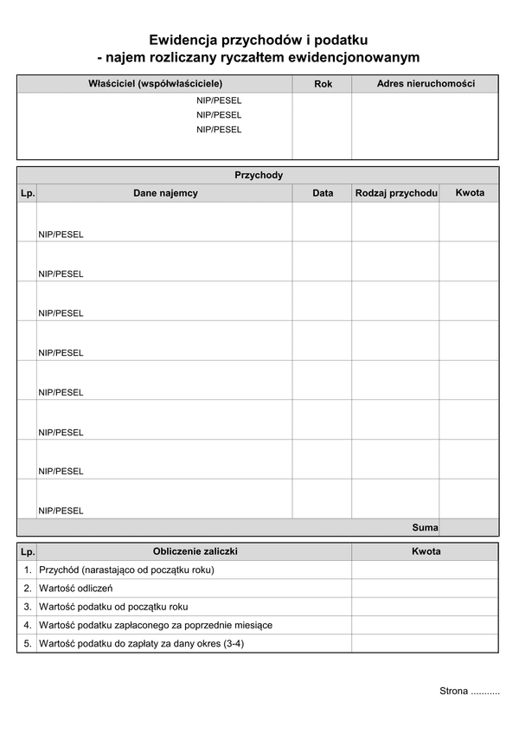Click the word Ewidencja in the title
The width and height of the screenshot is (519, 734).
pos(183,40)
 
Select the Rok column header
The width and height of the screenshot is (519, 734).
pos(323,84)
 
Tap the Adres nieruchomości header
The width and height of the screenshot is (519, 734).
pos(426,84)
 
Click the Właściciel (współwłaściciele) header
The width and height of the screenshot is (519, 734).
pos(155,84)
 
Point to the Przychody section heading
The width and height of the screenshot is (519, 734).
pos(259,175)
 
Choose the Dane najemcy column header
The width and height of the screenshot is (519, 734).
pos(165,193)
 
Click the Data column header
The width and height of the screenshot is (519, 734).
pos(323,193)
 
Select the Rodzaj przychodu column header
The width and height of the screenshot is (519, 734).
pos(395,193)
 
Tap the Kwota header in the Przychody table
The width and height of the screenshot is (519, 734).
pos(470,192)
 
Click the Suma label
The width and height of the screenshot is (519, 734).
pos(425,527)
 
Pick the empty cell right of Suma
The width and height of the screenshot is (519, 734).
pos(469,527)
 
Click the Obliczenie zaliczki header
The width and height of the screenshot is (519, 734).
pos(195,551)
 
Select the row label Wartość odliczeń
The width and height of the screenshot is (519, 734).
pos(75,589)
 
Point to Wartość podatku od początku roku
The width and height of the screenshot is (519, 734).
pos(113,607)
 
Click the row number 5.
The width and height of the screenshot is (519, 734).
pos(28,643)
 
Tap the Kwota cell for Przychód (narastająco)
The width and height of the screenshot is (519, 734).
pos(425,570)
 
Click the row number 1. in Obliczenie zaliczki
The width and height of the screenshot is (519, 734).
pos(28,570)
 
